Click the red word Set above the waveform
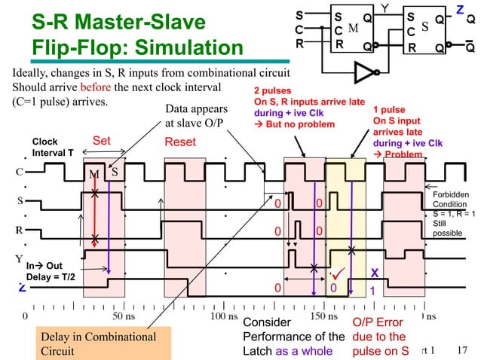[x=102, y=140]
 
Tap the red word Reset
[x=180, y=142]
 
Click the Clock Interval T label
[x=52, y=146]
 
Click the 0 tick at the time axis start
[x=26, y=316]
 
